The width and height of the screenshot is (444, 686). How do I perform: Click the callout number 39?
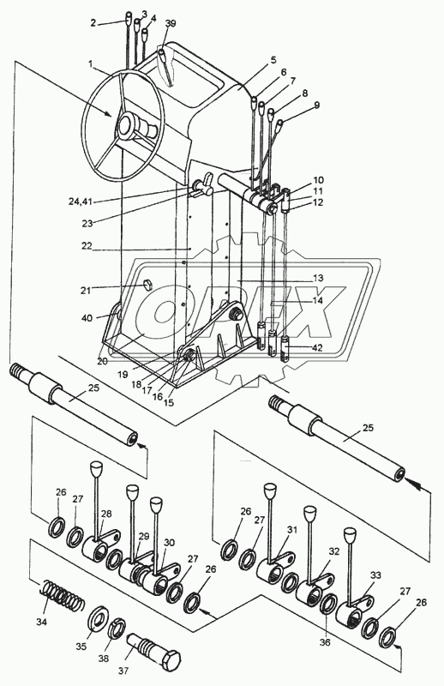171,24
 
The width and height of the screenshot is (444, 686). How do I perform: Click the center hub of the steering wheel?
129,127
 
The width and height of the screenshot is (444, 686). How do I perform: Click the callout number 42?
318,348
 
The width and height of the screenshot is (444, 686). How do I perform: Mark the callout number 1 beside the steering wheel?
90,63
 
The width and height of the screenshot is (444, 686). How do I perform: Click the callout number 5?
273,60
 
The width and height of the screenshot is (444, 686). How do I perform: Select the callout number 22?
87,246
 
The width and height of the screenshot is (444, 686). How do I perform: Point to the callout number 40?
87,317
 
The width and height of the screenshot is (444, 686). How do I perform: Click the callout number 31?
291,530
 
